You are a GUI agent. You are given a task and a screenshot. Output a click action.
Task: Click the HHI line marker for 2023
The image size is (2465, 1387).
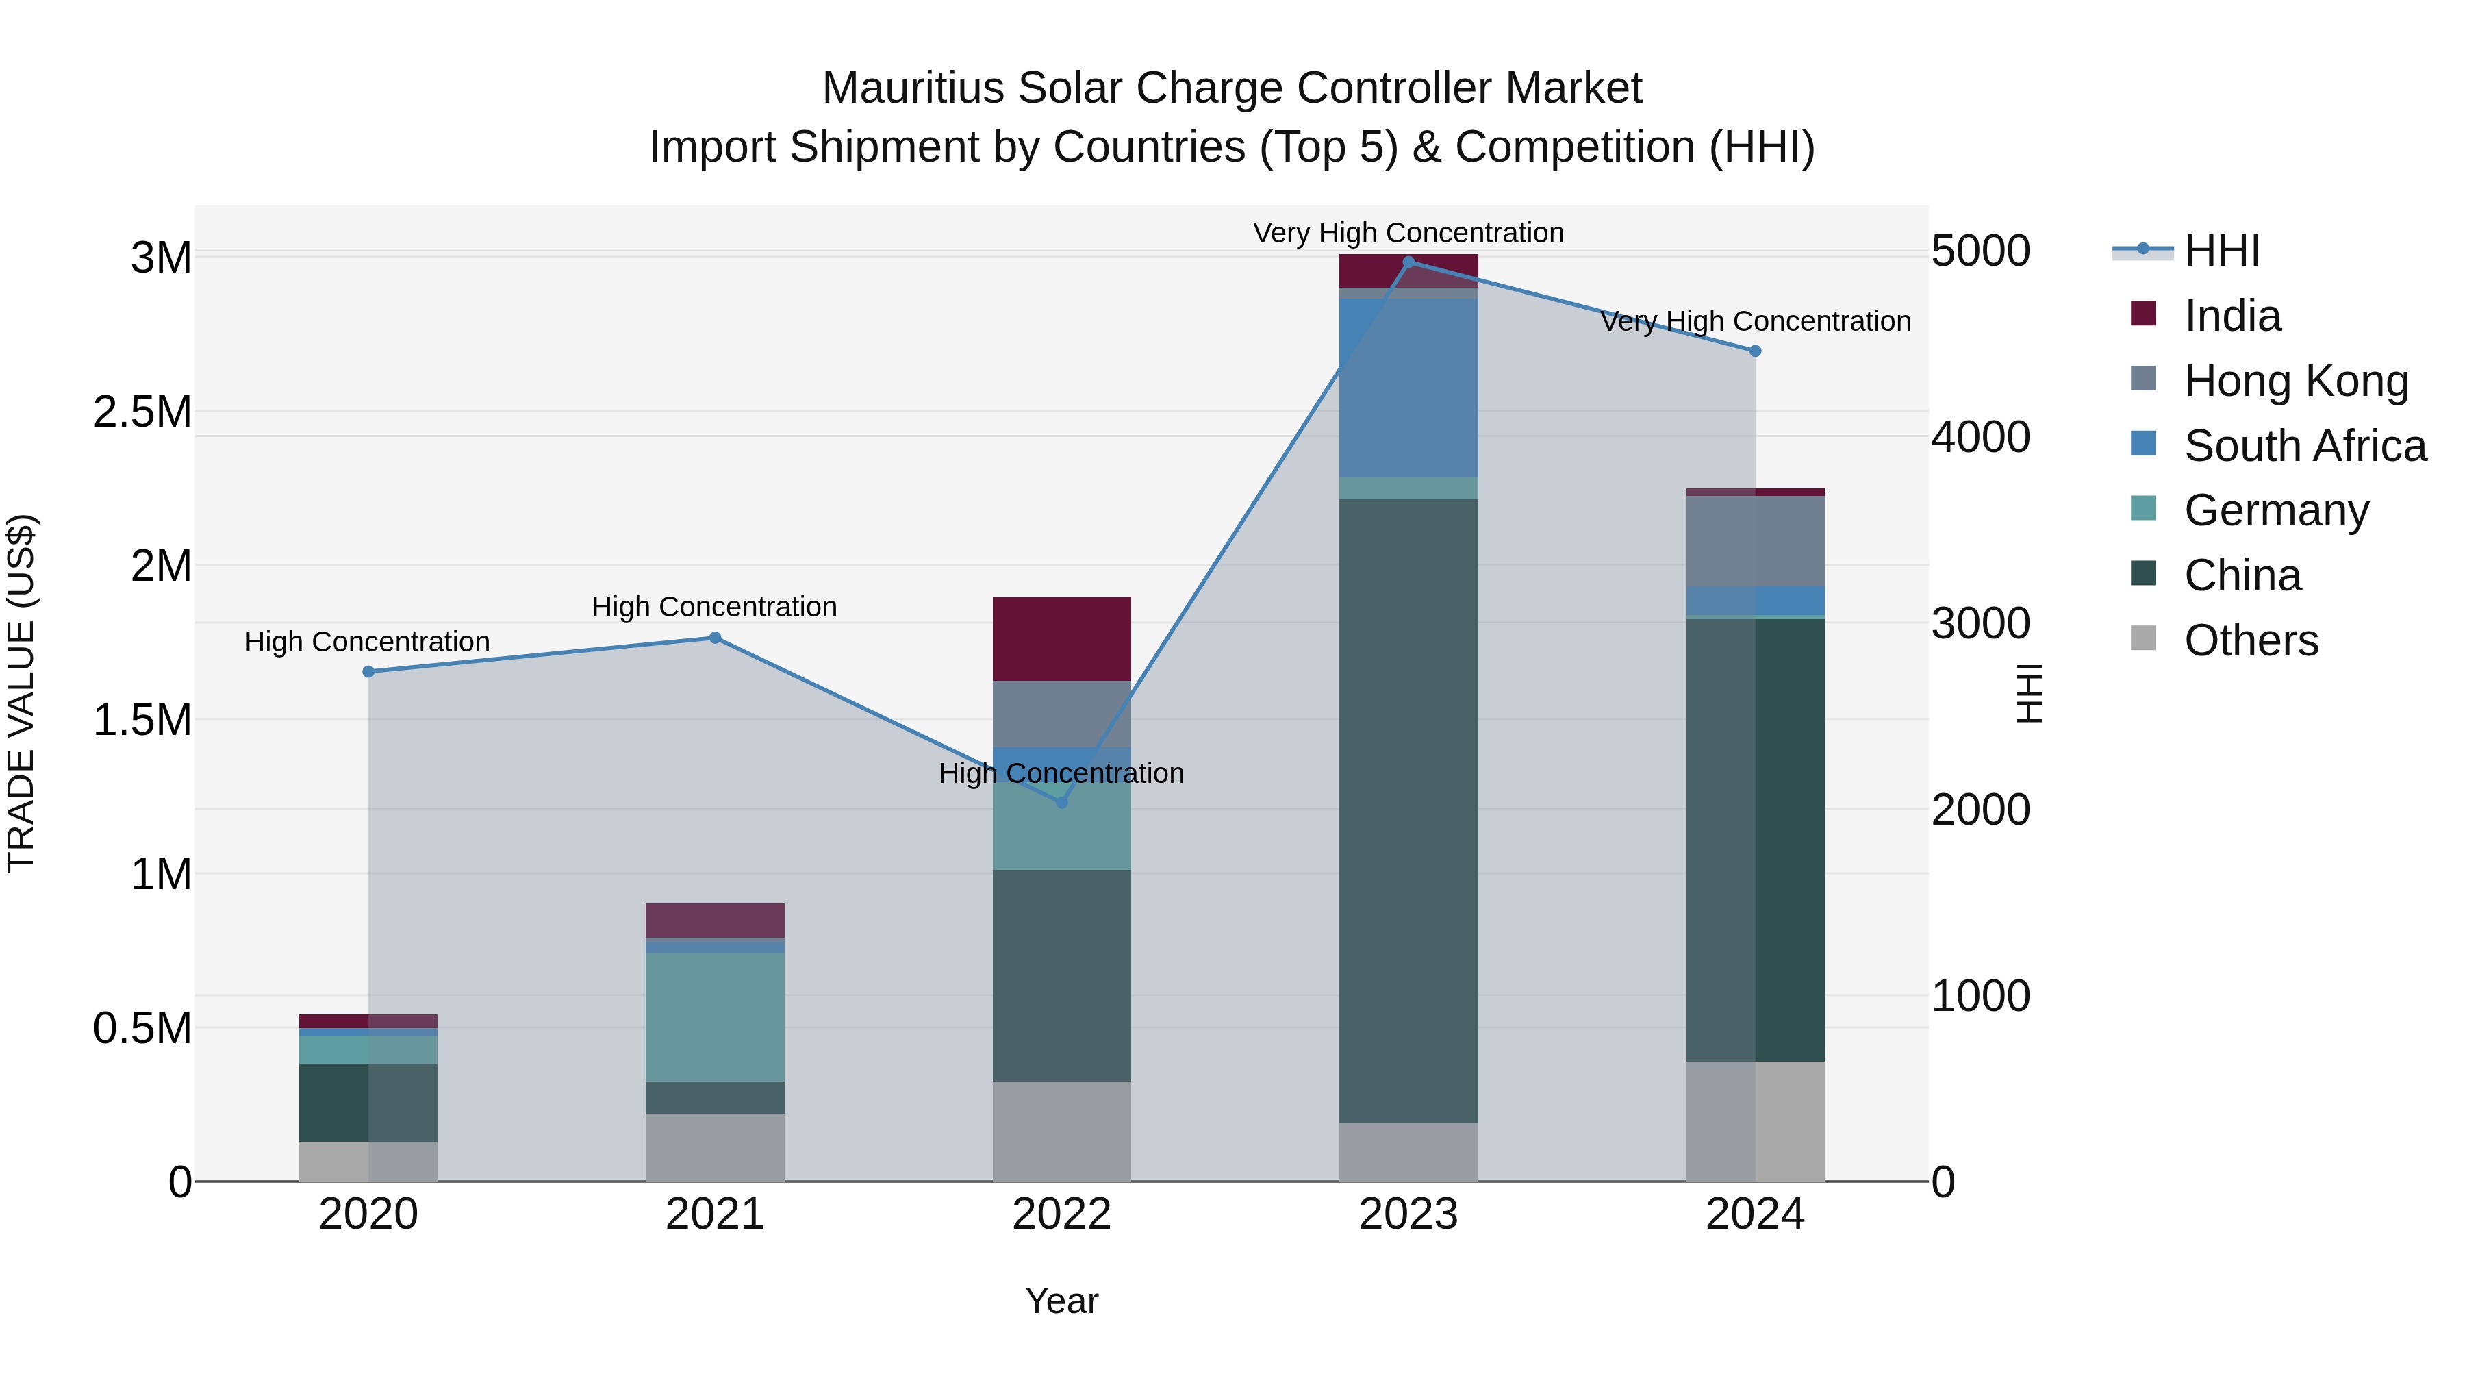click(x=1408, y=262)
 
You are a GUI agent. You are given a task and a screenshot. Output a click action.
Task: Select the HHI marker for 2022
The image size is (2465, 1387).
click(x=1061, y=802)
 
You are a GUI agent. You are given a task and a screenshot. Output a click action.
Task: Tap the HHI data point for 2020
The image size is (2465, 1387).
click(x=368, y=672)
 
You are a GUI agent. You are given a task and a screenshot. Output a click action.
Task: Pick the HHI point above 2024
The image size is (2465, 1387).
click(x=1755, y=351)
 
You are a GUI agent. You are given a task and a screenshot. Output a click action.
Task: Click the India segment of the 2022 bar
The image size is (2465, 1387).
click(x=1061, y=638)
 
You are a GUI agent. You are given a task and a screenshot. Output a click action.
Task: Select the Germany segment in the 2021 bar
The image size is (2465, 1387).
click(x=715, y=1016)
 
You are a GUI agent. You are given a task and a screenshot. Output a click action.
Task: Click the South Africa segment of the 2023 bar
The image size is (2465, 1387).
click(x=1408, y=388)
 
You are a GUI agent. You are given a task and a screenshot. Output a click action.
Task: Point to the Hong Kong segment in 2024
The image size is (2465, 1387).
click(x=1755, y=541)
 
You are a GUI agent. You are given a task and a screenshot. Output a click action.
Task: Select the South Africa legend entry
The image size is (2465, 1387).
click(x=2304, y=446)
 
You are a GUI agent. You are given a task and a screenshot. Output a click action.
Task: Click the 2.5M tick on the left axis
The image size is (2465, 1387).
click(x=142, y=412)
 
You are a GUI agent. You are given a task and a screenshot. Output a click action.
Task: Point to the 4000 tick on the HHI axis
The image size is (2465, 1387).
click(x=1980, y=438)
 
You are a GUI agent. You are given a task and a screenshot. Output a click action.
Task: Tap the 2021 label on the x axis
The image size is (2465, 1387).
click(x=715, y=1214)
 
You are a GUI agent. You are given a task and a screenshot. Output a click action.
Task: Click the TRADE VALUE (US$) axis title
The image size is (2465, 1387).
click(x=21, y=693)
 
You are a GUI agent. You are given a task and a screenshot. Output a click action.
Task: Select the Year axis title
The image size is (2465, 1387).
click(x=1061, y=1301)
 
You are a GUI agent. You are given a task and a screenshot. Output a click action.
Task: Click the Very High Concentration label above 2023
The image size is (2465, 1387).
click(x=1408, y=233)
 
